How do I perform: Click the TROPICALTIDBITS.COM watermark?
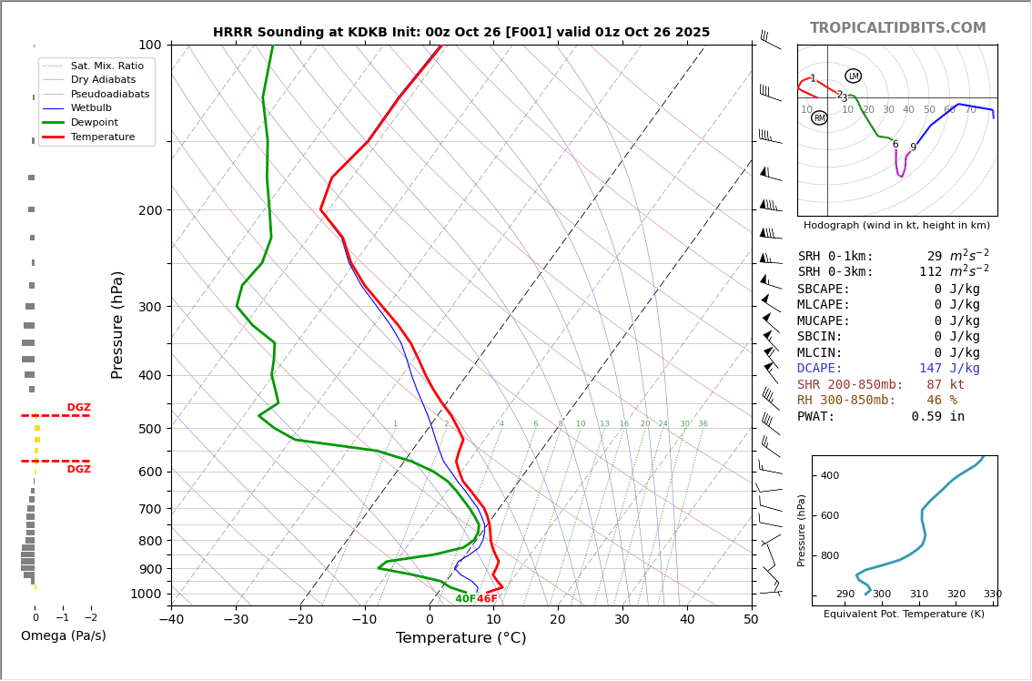click(897, 28)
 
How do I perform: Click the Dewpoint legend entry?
click(94, 122)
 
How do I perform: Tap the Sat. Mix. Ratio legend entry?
click(106, 66)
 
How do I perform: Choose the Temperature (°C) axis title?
click(460, 638)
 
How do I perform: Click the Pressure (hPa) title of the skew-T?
click(117, 324)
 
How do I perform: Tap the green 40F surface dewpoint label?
click(465, 599)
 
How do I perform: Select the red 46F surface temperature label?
click(487, 599)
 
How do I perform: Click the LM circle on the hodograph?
click(853, 76)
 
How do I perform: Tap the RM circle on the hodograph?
click(819, 118)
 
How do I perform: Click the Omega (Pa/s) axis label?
click(63, 636)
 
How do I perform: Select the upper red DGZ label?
click(78, 408)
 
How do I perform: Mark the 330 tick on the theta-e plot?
click(992, 595)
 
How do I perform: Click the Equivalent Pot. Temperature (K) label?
click(904, 615)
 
